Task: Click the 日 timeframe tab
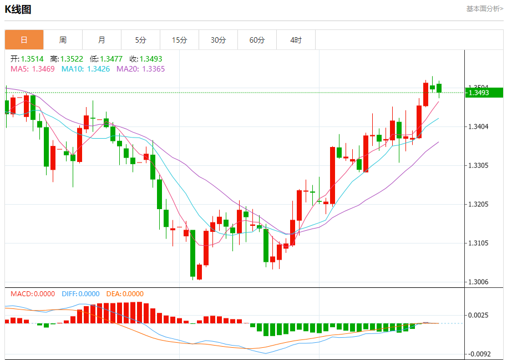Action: tap(24, 40)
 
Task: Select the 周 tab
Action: tap(63, 40)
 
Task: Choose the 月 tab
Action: tap(102, 40)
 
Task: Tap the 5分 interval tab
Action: tap(140, 40)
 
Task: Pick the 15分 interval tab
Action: tap(179, 40)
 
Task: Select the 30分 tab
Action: tap(218, 40)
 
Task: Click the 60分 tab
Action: tap(257, 40)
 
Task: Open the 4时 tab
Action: tap(296, 40)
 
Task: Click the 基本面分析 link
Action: tap(484, 8)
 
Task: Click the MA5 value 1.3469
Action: tap(43, 69)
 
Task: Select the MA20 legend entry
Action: tap(140, 69)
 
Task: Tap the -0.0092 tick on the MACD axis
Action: tap(479, 354)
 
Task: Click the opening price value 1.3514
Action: tap(32, 59)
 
